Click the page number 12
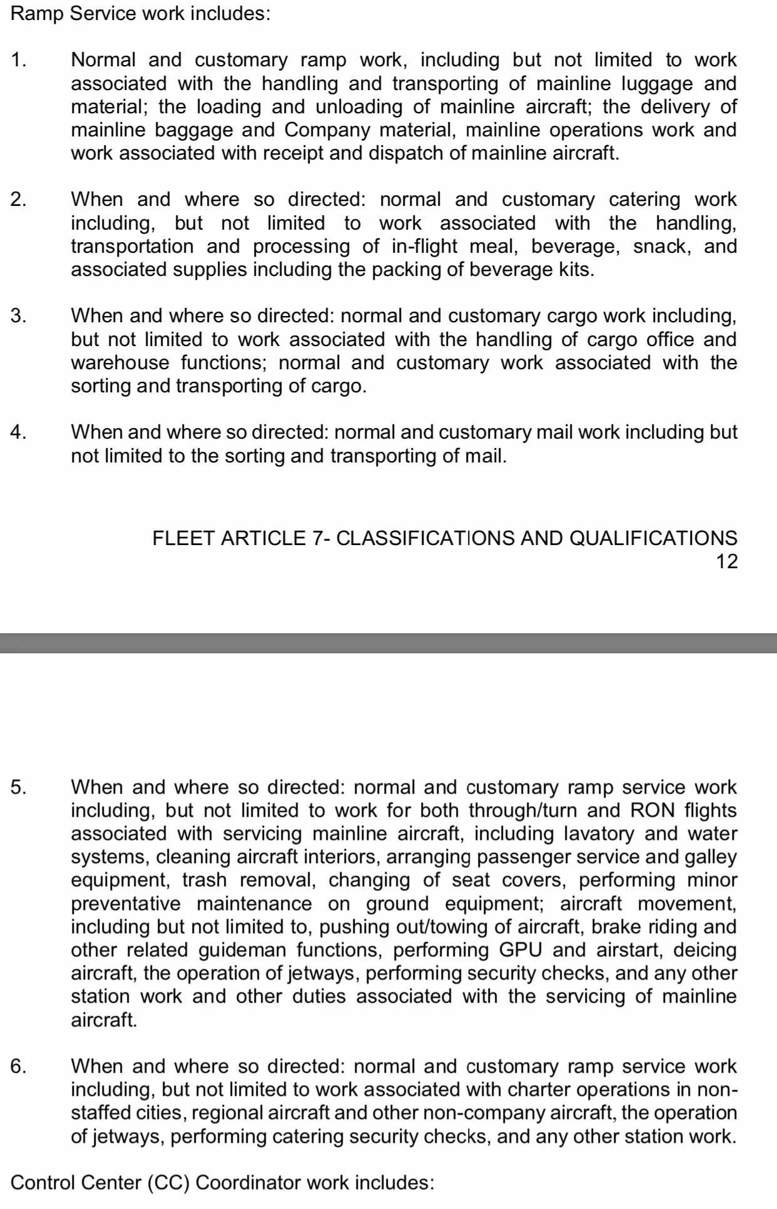point(726,561)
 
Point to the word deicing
point(705,950)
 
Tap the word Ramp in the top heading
point(37,14)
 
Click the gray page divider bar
point(388,643)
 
